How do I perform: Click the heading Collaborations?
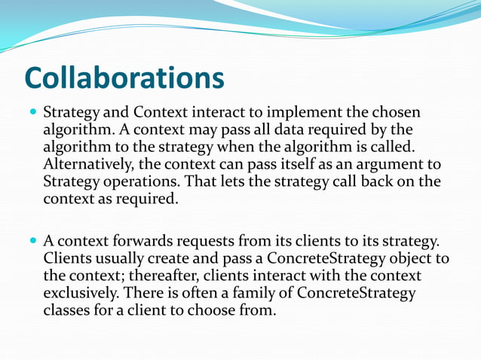tap(124, 78)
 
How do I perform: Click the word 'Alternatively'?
tap(87, 164)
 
